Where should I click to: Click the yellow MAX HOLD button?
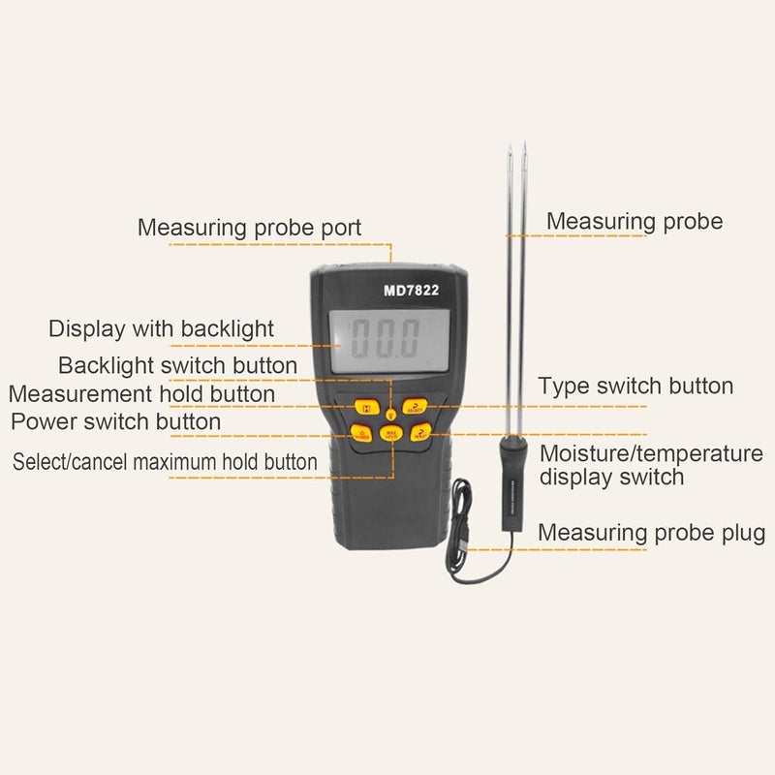[390, 434]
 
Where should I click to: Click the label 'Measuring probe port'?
[249, 228]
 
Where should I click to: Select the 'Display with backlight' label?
[161, 328]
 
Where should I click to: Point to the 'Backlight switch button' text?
[177, 365]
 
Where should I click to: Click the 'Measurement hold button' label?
[141, 394]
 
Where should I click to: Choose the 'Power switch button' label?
[115, 422]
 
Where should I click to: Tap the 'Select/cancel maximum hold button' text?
[165, 461]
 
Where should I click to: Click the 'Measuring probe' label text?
[635, 221]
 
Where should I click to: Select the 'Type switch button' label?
[635, 387]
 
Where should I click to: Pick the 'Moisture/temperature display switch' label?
[651, 465]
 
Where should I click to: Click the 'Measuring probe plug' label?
[651, 533]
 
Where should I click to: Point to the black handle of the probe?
[511, 484]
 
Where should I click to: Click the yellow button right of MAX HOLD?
[419, 434]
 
